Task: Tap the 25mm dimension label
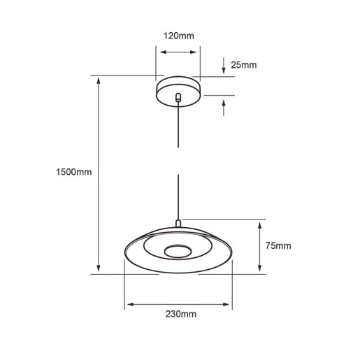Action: tap(243, 65)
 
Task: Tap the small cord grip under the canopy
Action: tap(179, 99)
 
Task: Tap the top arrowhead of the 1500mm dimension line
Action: tap(99, 80)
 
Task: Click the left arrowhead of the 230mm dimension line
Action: tap(129, 304)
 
